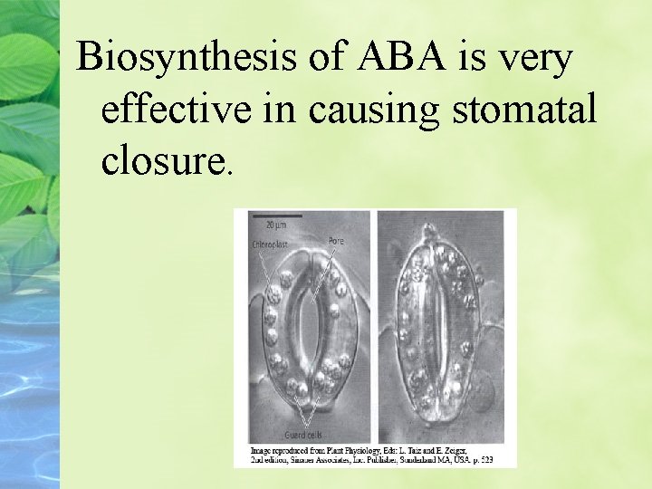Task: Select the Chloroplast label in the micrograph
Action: [270, 243]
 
